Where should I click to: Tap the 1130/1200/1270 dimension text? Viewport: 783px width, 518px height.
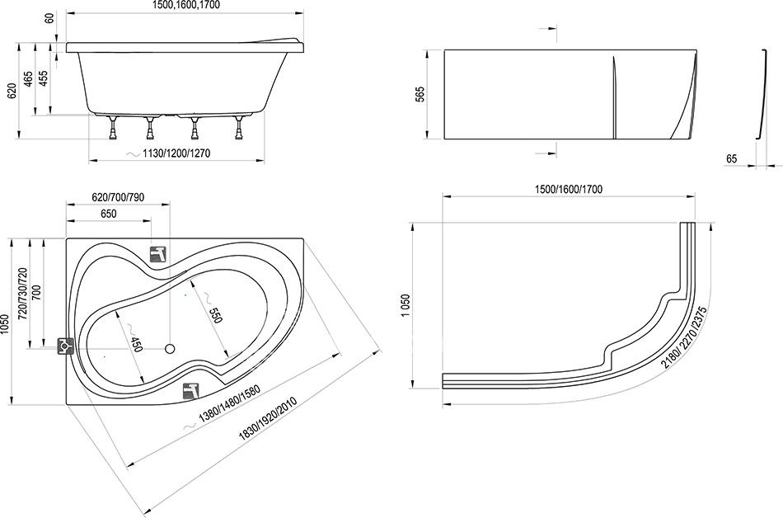(x=176, y=153)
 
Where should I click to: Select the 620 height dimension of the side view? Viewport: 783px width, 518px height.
(x=12, y=92)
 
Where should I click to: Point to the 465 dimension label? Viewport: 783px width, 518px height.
(x=29, y=79)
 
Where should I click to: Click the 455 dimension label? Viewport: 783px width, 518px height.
(x=44, y=78)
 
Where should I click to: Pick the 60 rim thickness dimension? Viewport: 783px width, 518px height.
(x=49, y=17)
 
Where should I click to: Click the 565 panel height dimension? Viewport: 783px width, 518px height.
(x=420, y=94)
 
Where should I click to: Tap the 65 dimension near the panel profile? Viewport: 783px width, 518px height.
(x=731, y=159)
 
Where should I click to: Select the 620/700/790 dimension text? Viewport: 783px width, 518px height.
(x=118, y=197)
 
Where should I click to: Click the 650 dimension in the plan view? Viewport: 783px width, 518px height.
(x=108, y=214)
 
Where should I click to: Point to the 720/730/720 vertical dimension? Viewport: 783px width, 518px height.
(x=22, y=294)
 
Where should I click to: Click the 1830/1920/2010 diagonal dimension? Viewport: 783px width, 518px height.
(x=268, y=417)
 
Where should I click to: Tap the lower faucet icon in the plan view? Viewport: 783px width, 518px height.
(x=191, y=391)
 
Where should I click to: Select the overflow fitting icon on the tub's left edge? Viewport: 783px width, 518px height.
(x=65, y=346)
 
